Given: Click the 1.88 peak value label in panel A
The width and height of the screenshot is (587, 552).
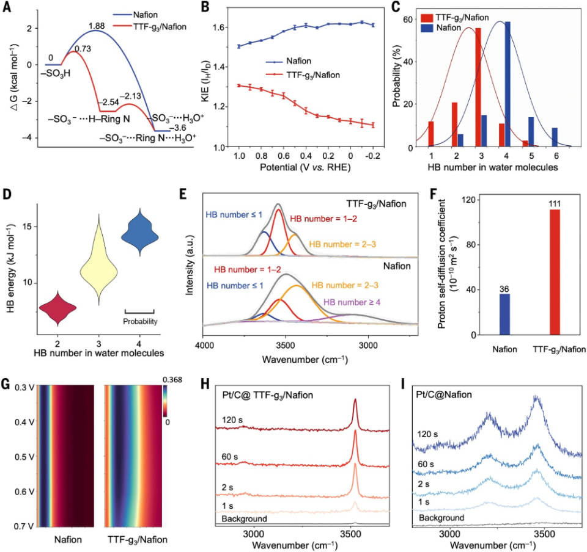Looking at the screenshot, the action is click(x=97, y=26).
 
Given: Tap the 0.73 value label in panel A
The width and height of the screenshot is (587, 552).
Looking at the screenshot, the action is click(x=83, y=49).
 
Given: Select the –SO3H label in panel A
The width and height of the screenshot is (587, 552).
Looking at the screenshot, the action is click(x=56, y=74).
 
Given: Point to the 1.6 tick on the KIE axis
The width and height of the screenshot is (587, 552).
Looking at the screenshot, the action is click(x=220, y=27).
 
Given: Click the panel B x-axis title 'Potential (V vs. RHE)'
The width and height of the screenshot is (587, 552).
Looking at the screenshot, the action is click(x=305, y=167).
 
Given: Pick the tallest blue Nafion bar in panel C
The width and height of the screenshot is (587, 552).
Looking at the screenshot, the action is click(x=508, y=84).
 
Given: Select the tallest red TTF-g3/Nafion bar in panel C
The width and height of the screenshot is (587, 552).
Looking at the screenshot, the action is click(x=478, y=87).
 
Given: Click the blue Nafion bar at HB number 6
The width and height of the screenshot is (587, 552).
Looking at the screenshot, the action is click(x=555, y=137).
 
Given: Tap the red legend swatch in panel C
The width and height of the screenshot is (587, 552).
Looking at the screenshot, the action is click(x=427, y=18).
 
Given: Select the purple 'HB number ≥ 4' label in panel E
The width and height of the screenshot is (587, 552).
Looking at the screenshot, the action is click(x=352, y=302).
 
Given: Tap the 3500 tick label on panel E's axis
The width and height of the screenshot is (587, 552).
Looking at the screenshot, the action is click(x=286, y=345).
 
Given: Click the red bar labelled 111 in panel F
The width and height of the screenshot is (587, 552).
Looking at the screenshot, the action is click(x=555, y=272).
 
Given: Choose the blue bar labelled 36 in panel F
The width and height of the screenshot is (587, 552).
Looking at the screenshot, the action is click(x=504, y=314).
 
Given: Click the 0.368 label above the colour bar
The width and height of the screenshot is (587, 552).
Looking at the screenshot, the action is click(x=172, y=380).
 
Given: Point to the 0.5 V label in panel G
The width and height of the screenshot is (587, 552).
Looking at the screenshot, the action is click(x=24, y=457).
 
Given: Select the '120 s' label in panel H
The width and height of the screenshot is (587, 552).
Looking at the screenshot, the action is click(x=232, y=420).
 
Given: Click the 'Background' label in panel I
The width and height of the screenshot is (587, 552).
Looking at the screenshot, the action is click(x=441, y=518).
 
